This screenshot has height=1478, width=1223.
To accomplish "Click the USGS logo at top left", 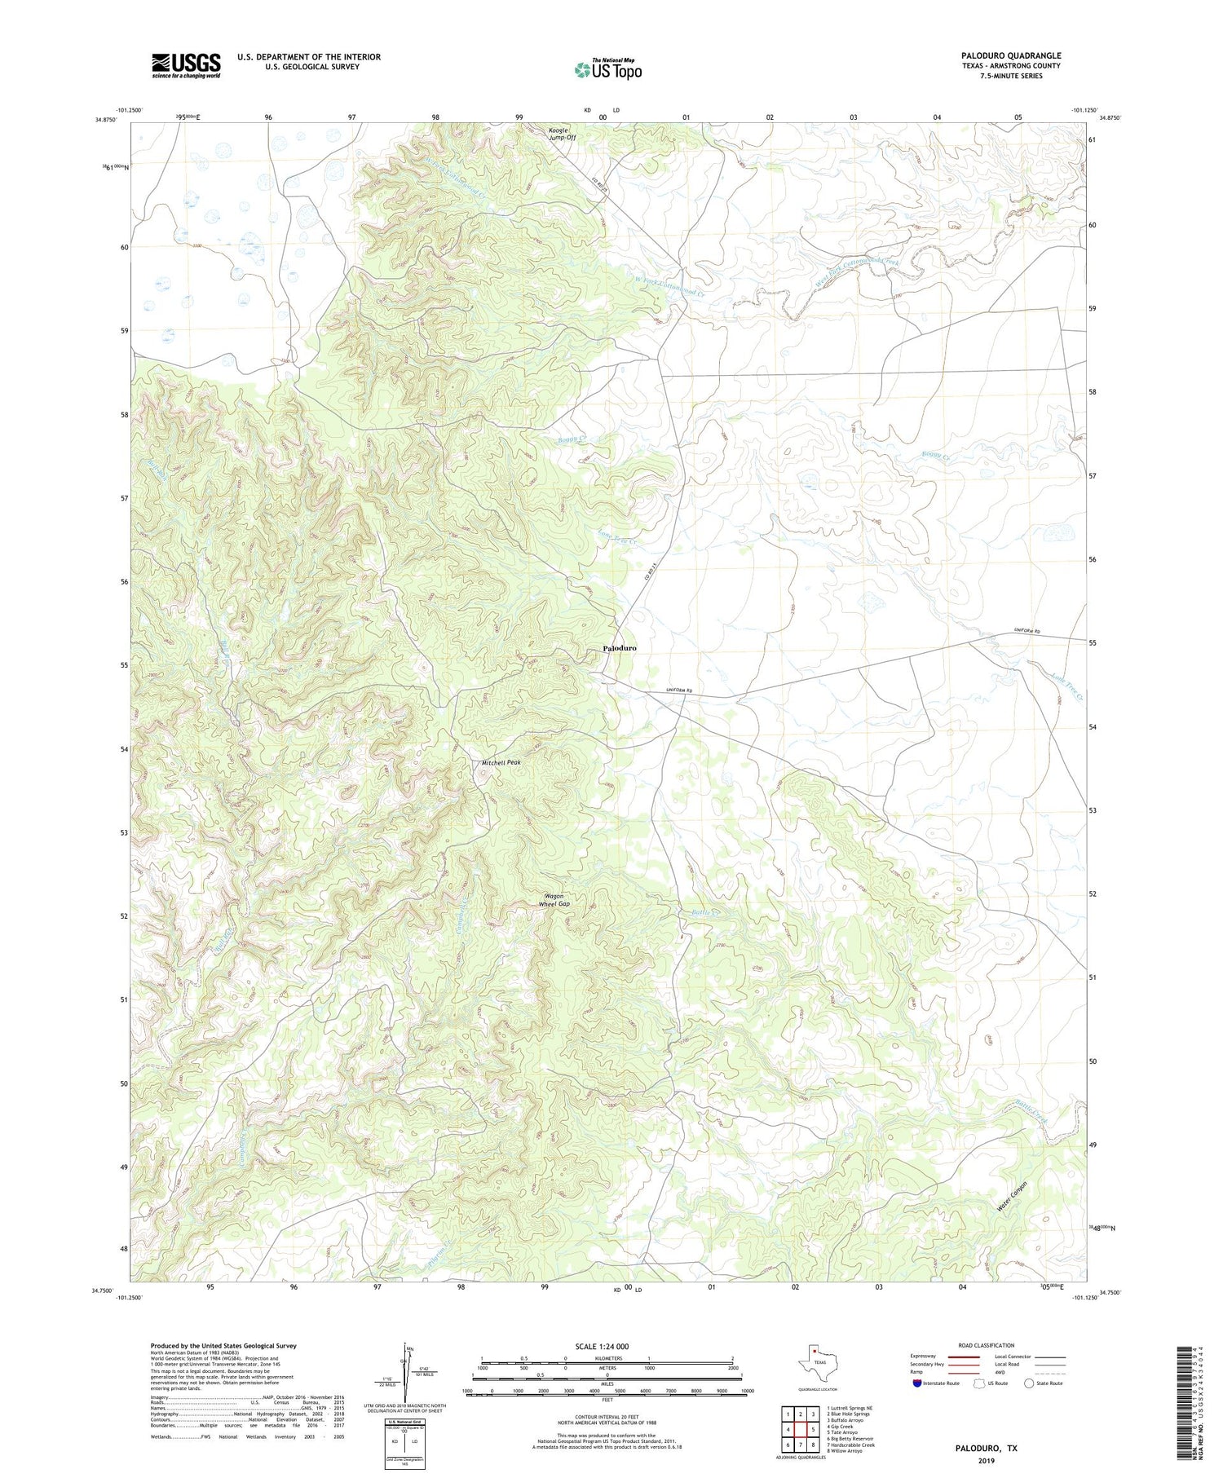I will point(186,65).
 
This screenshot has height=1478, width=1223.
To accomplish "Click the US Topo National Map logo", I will point(607,69).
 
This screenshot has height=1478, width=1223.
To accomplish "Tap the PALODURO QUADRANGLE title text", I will point(1010,56).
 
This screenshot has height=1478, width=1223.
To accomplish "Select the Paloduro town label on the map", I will point(620,648).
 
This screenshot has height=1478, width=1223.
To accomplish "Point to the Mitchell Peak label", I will point(501,763).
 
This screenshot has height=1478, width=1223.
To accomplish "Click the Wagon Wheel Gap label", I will point(556,900).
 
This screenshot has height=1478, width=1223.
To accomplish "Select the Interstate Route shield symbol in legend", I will point(917,1383).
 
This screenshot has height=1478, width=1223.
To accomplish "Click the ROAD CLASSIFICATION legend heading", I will point(986,1345).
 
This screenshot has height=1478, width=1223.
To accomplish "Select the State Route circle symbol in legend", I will point(1029,1383).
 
